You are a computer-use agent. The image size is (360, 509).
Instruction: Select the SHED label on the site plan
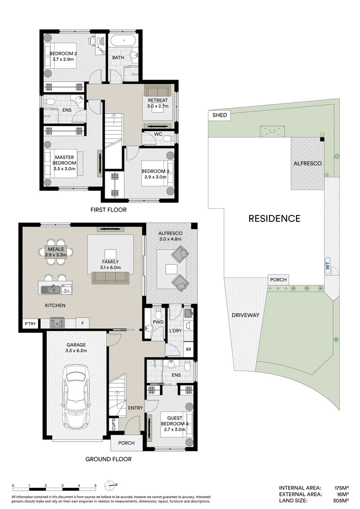(x=220, y=115)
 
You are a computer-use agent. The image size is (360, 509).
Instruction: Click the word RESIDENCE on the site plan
(x=274, y=218)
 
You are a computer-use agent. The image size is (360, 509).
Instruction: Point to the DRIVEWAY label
(x=245, y=315)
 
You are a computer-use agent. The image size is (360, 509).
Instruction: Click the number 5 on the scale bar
(x=96, y=485)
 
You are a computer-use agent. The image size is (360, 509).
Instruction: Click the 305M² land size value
(x=339, y=501)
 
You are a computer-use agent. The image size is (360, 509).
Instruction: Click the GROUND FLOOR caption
(x=108, y=459)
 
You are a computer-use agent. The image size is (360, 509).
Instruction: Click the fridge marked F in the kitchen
(x=82, y=324)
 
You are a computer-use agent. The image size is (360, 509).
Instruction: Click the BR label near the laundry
(x=188, y=349)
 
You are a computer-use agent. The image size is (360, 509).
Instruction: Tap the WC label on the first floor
(x=158, y=135)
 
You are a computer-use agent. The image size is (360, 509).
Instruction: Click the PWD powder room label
(x=157, y=322)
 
